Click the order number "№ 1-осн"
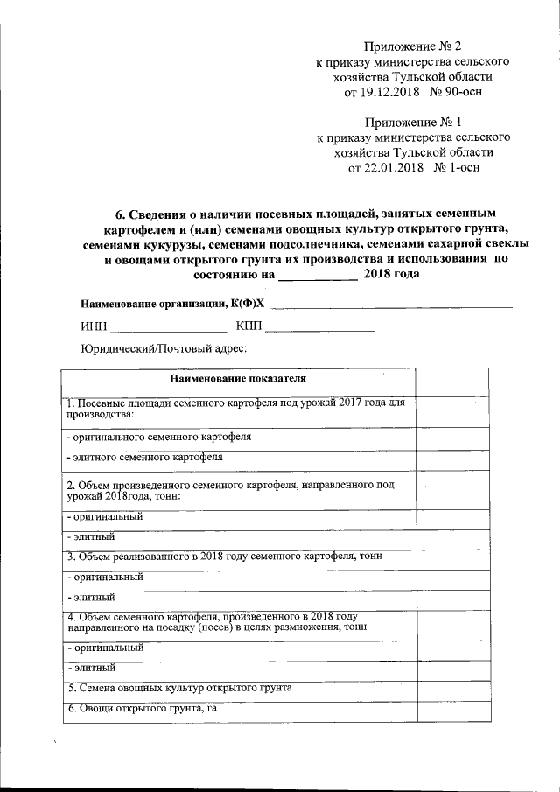[455, 168]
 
